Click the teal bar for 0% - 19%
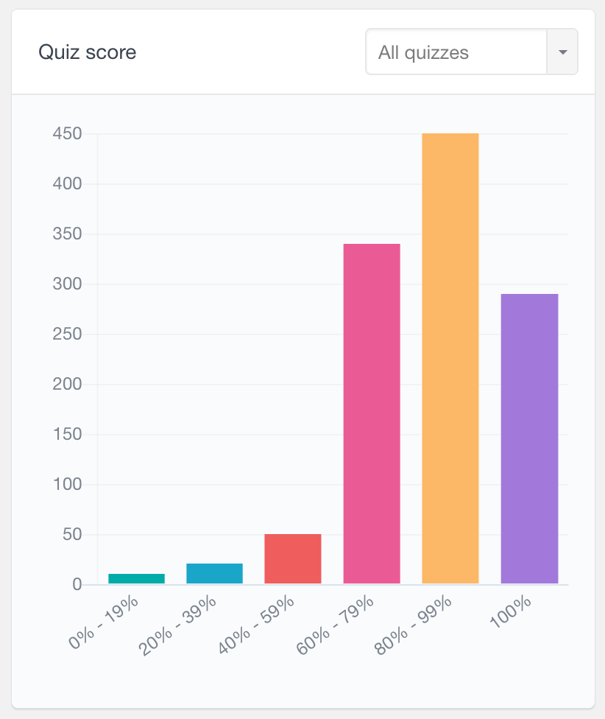point(136,578)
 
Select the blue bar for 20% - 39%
point(214,574)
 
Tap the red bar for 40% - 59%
point(293,558)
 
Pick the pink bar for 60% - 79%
point(372,413)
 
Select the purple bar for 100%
point(529,438)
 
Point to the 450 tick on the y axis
point(67,134)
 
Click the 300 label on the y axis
point(67,284)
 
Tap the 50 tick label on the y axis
point(71,535)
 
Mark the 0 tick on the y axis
point(77,585)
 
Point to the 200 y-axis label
point(67,385)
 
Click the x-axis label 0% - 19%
point(104,622)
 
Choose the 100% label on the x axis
point(510,612)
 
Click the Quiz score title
point(87,52)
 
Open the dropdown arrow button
point(562,52)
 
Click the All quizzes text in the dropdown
point(423,52)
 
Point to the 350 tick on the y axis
point(67,234)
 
